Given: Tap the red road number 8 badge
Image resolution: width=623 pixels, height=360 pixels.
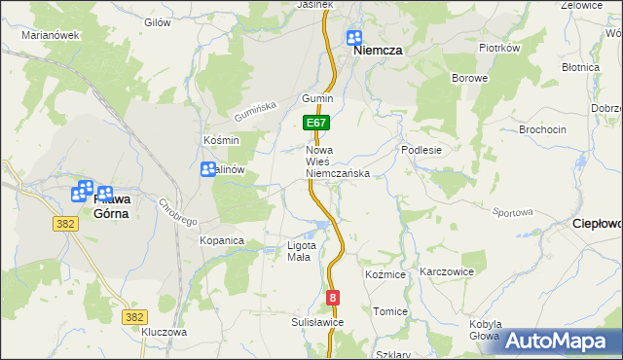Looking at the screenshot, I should pyautogui.click(x=334, y=299).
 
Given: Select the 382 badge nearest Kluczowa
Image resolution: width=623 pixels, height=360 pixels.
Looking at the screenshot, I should pyautogui.click(x=134, y=316).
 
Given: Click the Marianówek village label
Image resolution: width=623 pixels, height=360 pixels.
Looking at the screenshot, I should pyautogui.click(x=50, y=35).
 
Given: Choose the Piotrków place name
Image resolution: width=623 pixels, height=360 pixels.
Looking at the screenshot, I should pyautogui.click(x=500, y=48).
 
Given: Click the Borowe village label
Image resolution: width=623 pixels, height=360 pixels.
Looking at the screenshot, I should pyautogui.click(x=469, y=77).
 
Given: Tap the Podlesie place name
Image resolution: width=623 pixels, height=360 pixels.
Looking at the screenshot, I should pyautogui.click(x=422, y=151).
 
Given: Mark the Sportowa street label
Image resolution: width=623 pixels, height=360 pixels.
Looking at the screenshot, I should pyautogui.click(x=513, y=212).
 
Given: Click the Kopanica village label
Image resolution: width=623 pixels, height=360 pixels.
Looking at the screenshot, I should pyautogui.click(x=221, y=239).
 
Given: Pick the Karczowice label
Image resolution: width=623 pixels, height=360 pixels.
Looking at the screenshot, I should pyautogui.click(x=446, y=272).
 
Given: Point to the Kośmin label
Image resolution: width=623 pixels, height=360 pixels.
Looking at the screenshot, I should pyautogui.click(x=221, y=140).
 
